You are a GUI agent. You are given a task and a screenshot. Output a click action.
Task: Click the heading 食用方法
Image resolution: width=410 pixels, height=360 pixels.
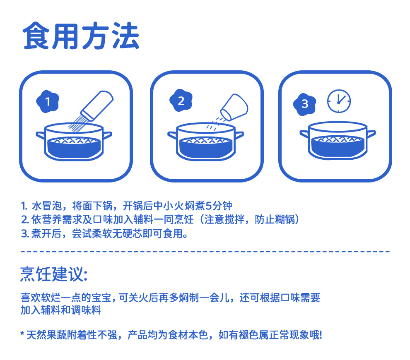[x=81, y=36]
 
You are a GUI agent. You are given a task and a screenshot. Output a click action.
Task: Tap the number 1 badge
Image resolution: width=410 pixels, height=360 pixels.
[x=48, y=101]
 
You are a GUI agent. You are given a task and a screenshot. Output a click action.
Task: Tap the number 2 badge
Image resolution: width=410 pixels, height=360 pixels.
[x=181, y=101]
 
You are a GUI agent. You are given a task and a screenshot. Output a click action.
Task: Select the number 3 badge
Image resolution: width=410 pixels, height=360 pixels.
[x=305, y=104]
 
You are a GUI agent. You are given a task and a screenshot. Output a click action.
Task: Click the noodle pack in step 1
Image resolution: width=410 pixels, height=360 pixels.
[x=97, y=106]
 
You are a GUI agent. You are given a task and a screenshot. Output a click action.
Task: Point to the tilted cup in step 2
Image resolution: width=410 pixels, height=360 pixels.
[x=234, y=107]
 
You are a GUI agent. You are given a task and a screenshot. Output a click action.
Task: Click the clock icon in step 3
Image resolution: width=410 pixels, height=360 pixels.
[x=339, y=101]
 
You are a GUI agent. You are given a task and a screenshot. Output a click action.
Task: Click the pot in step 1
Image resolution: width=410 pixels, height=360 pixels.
[x=74, y=142]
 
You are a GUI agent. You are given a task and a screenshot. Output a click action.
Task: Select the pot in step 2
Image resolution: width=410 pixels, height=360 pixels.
[x=206, y=142]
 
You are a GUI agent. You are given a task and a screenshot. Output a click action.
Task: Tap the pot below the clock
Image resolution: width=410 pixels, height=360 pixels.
[x=338, y=140]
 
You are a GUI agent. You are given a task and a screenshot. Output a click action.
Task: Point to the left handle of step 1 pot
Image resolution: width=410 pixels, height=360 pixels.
[x=40, y=135]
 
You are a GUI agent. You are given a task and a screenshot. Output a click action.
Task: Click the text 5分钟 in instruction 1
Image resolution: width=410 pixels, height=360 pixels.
[x=219, y=206]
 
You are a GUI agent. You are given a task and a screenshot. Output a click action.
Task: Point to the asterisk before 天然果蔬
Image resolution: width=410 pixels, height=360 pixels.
[x=22, y=334]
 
